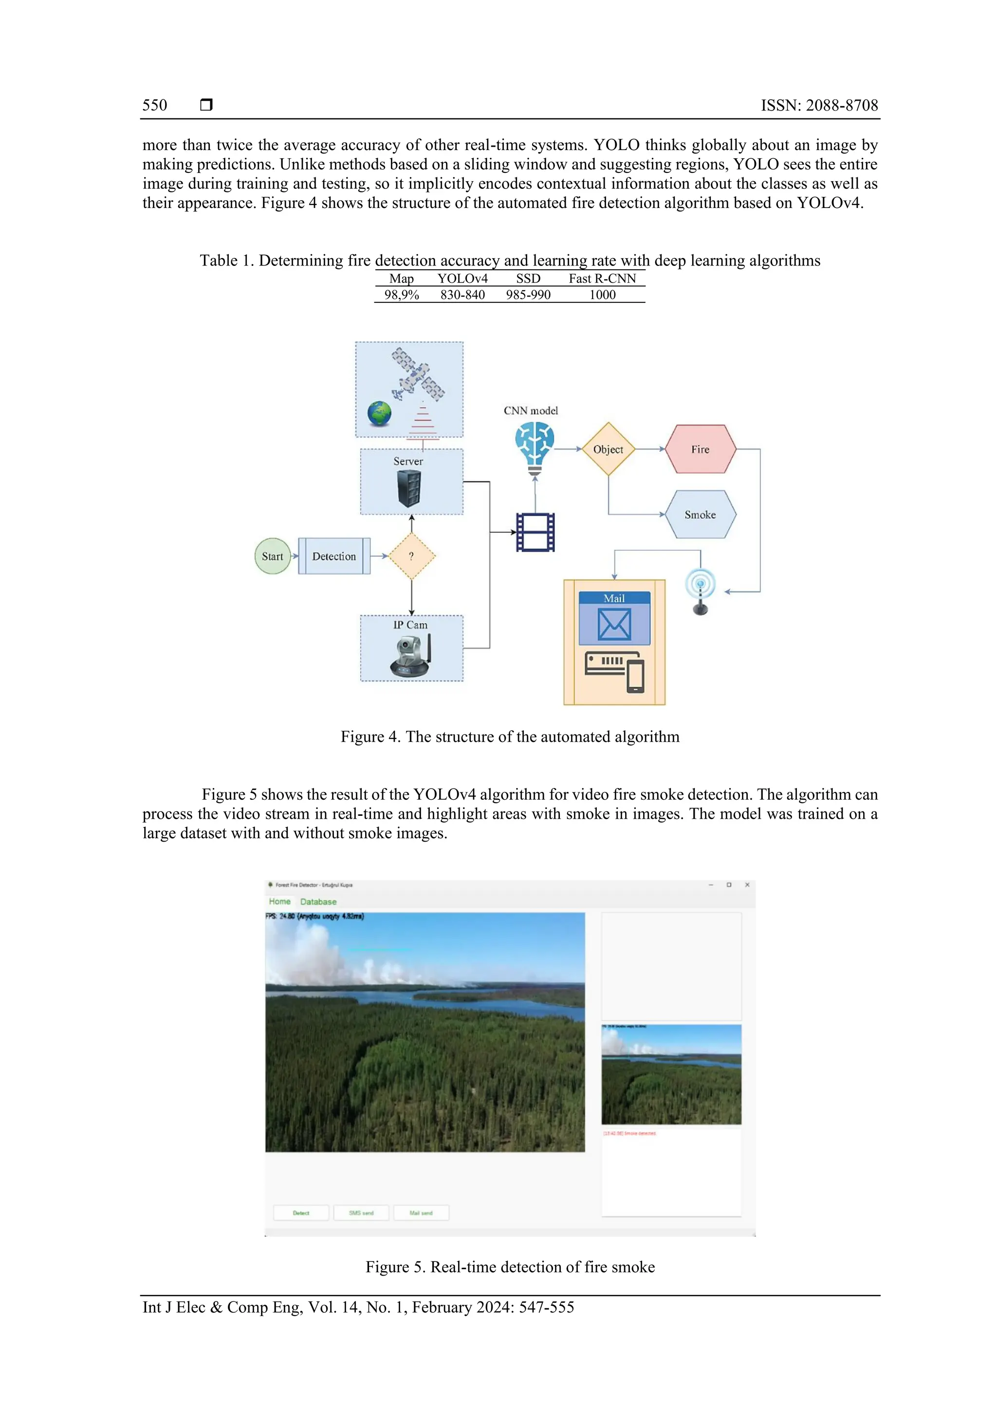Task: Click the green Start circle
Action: (x=272, y=556)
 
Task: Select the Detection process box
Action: (x=334, y=556)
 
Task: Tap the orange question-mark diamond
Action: (x=411, y=556)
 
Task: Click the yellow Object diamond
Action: (x=608, y=449)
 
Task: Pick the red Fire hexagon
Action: (x=701, y=449)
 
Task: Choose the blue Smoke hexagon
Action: (x=701, y=514)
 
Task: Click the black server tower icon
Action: (x=409, y=488)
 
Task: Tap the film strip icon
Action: (x=535, y=532)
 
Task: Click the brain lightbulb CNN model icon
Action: (x=535, y=448)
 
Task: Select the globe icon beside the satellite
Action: (x=380, y=414)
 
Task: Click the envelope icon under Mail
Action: (x=614, y=624)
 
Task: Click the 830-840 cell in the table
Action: (x=462, y=295)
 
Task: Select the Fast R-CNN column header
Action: (x=602, y=279)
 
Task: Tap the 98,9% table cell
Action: (x=402, y=295)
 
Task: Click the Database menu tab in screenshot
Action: (x=318, y=902)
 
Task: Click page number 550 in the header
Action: (x=155, y=105)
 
